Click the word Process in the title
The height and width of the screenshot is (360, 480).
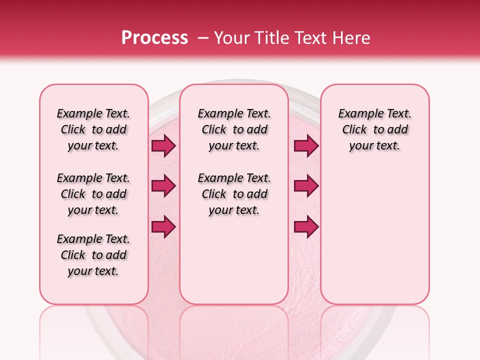click(x=154, y=38)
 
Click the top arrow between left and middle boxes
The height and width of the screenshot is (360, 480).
click(x=163, y=145)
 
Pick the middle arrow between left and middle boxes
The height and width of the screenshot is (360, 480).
click(x=163, y=186)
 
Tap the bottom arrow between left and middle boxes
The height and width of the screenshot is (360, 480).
click(x=163, y=227)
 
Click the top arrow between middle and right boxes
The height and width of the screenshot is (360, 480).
click(x=306, y=145)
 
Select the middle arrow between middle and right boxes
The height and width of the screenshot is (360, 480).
click(x=306, y=186)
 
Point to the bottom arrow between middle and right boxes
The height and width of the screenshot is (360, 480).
click(x=306, y=227)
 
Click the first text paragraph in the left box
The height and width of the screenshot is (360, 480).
click(x=93, y=129)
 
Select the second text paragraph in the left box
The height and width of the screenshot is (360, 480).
click(x=93, y=194)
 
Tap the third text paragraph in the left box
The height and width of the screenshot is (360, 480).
click(x=93, y=255)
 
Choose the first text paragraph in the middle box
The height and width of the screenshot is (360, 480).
click(x=234, y=129)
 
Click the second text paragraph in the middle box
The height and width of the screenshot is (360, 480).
click(x=234, y=194)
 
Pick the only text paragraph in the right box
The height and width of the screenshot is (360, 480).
click(x=374, y=129)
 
